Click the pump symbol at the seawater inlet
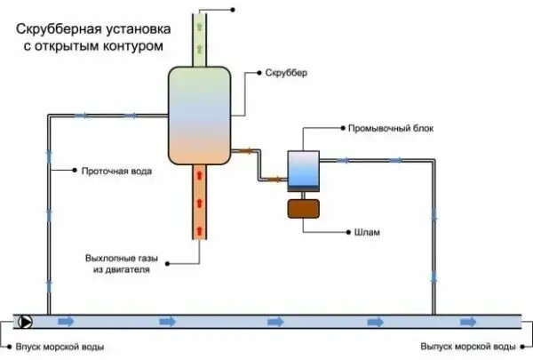click(26, 322)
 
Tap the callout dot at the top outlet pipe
click(233, 9)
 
